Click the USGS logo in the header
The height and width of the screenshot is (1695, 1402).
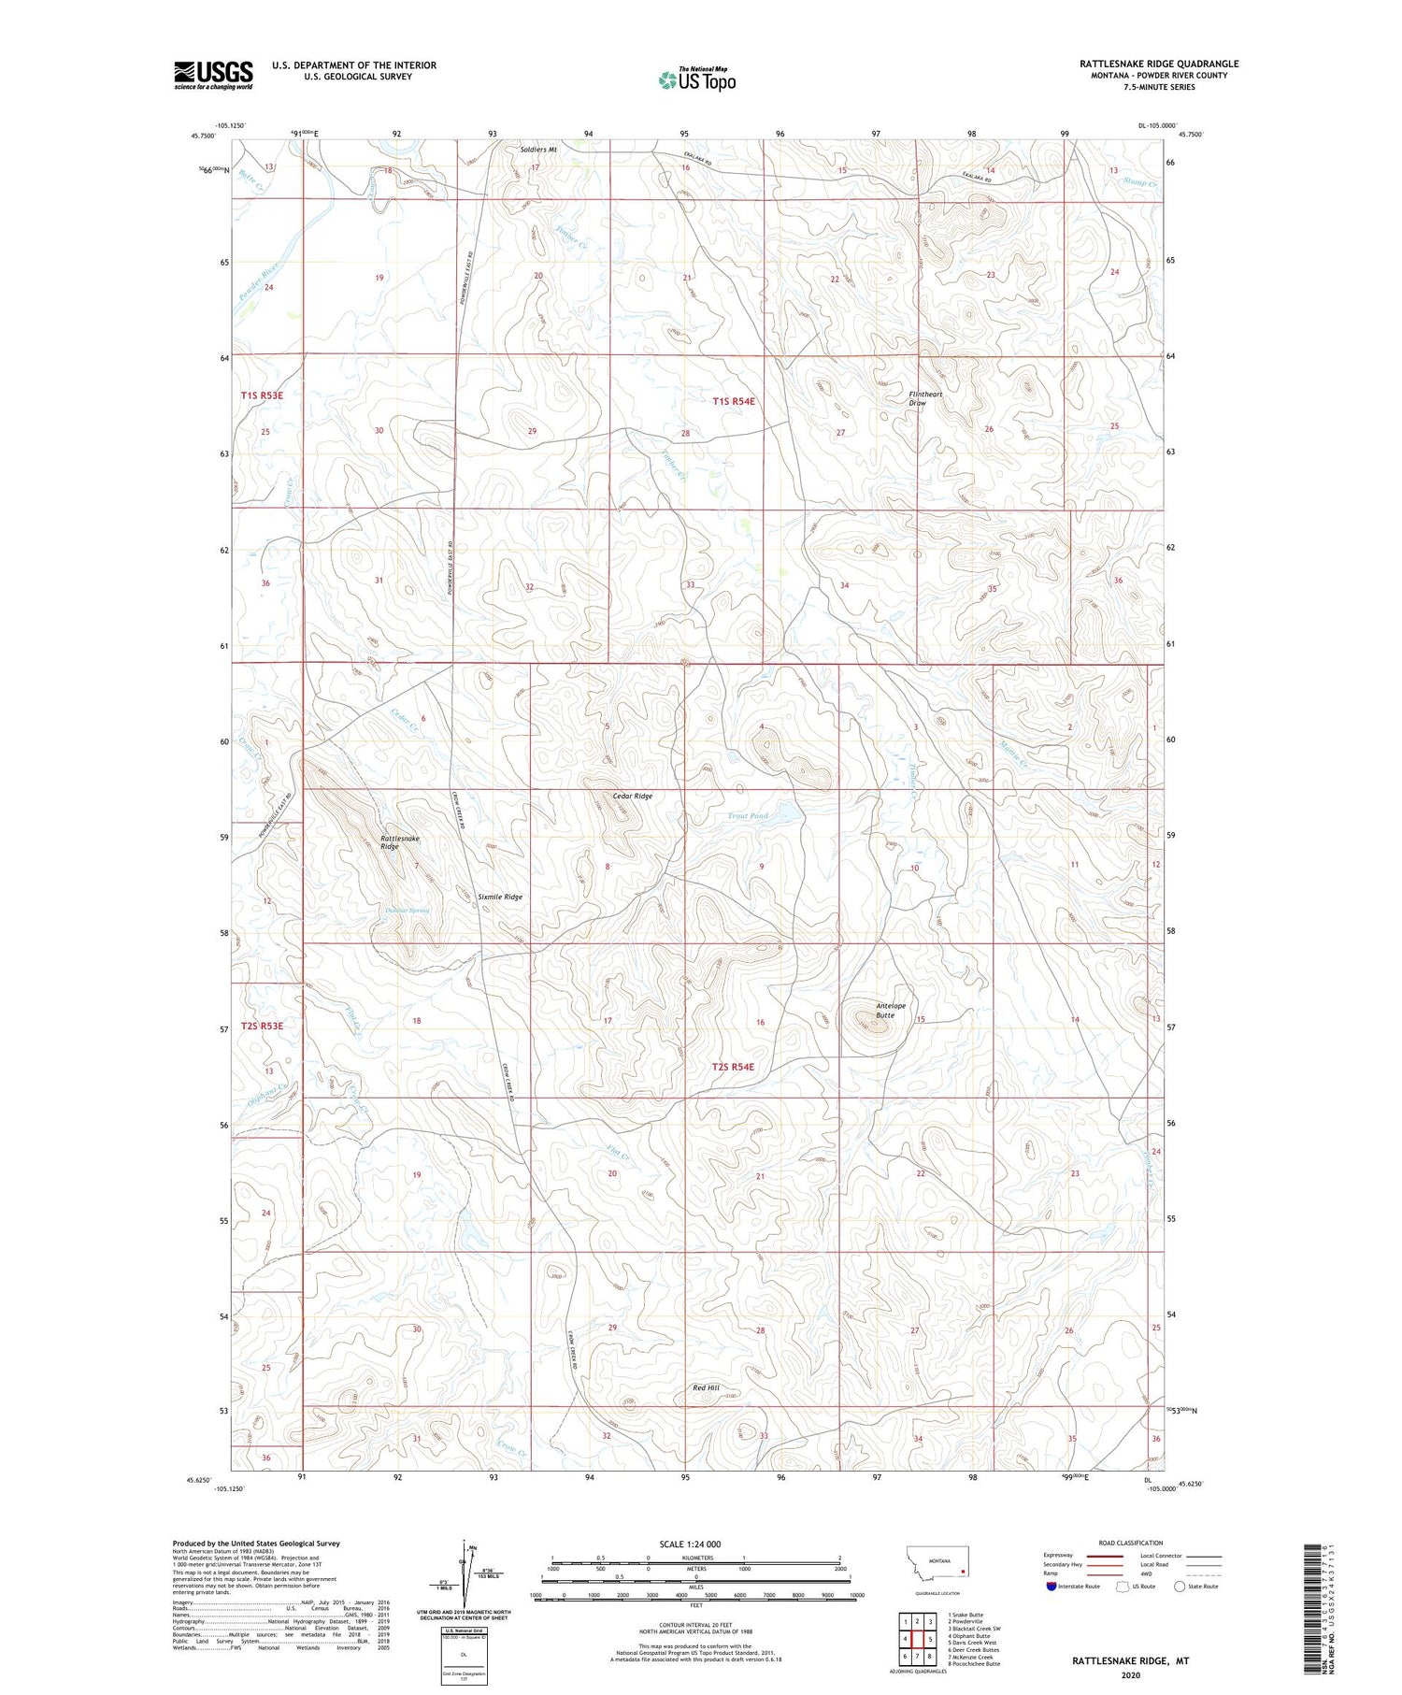pos(213,75)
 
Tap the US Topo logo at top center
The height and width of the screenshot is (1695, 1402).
pos(696,80)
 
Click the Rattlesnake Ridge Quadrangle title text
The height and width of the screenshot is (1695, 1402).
pos(1158,64)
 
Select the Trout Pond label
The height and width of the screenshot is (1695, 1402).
pos(748,816)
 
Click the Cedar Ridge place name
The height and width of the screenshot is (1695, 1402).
pos(632,796)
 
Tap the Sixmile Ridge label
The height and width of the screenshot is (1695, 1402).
pos(500,897)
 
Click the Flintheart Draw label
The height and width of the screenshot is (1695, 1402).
pos(924,398)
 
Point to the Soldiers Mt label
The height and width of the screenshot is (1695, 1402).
pos(538,150)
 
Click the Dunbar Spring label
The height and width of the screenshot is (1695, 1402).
pos(408,910)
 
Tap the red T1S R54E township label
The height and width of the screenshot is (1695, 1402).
pos(734,401)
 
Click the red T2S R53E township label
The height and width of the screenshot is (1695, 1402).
pos(262,1026)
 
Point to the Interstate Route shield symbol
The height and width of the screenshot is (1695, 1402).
pos(1051,1587)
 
